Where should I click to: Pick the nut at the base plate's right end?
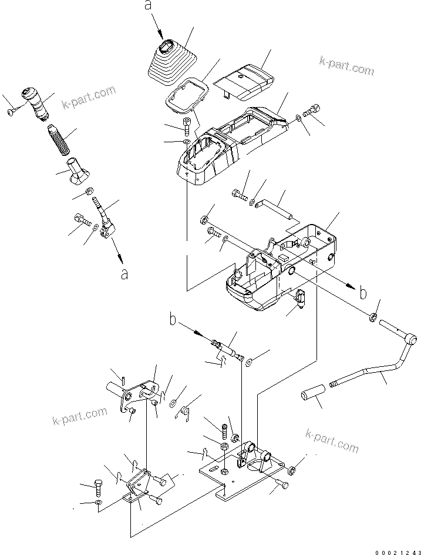click(x=291, y=469)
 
